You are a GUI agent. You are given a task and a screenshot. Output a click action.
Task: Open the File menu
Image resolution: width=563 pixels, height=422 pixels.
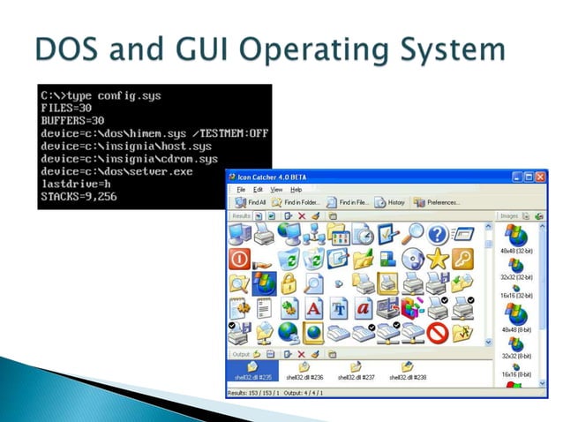coord(240,189)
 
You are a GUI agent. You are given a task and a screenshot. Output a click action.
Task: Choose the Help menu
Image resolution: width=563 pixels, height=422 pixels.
coord(297,189)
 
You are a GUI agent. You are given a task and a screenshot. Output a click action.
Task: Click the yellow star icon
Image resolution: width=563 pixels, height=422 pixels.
coord(438,259)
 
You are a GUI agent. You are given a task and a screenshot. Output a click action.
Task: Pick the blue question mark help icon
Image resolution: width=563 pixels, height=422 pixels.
coord(438,234)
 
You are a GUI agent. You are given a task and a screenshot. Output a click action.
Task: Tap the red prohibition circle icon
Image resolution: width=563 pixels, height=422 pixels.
coord(438,333)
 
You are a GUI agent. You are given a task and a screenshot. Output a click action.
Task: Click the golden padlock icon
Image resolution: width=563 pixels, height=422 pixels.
coord(288,283)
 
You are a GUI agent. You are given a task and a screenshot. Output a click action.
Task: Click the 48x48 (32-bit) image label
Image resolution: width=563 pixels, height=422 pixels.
coord(515,252)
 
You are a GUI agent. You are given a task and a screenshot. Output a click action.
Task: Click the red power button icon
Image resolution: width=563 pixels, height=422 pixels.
coord(239,259)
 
